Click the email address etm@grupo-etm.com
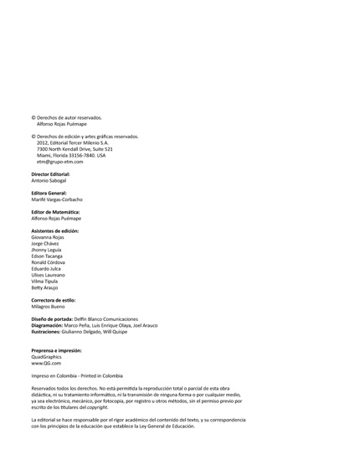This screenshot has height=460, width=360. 59,161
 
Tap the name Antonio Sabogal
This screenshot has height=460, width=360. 49,180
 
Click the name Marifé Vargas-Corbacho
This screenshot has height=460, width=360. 57,199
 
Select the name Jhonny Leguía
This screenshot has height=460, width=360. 47,250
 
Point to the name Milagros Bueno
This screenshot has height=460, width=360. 49,306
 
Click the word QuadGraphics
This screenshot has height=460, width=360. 47,357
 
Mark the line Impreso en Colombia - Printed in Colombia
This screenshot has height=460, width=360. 76,376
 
